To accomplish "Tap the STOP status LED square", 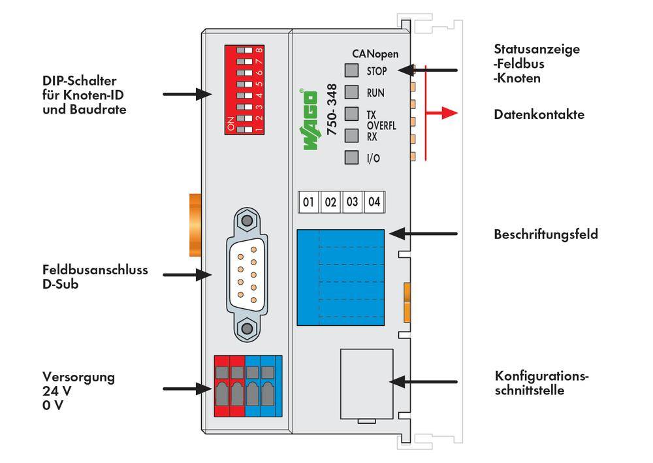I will pos(352,70).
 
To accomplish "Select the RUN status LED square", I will pos(352,91).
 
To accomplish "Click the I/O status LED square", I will pos(352,157).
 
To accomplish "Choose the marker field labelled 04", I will pos(374,202).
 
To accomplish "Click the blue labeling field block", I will pos(340,277).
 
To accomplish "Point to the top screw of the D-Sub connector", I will pos(246,221).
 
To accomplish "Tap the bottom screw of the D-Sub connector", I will pos(246,328).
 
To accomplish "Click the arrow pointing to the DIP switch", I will pos(186,95).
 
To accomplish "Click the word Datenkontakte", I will pos(539,114).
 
